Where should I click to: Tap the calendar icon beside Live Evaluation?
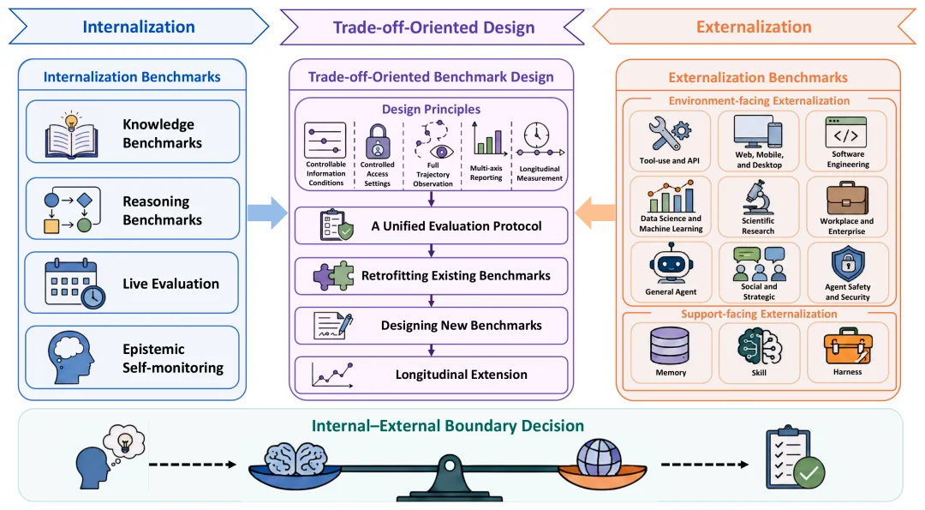(x=75, y=284)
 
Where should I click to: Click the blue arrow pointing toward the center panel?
(x=267, y=213)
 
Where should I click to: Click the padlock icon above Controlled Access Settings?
(x=378, y=141)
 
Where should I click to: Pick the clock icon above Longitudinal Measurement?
(x=537, y=135)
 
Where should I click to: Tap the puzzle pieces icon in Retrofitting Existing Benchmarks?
(x=333, y=276)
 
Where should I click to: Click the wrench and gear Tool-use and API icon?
(x=670, y=135)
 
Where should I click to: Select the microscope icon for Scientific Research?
(x=758, y=198)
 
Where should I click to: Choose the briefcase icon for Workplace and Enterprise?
(x=847, y=198)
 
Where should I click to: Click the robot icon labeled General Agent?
(x=671, y=264)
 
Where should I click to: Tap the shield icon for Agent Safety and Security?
(x=848, y=264)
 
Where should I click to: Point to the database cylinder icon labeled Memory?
(x=670, y=346)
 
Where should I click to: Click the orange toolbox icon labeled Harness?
(x=848, y=346)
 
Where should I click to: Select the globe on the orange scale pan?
(x=599, y=457)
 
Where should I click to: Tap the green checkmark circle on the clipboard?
(x=809, y=472)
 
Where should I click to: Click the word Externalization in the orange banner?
(x=754, y=27)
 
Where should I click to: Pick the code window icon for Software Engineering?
(x=846, y=132)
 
